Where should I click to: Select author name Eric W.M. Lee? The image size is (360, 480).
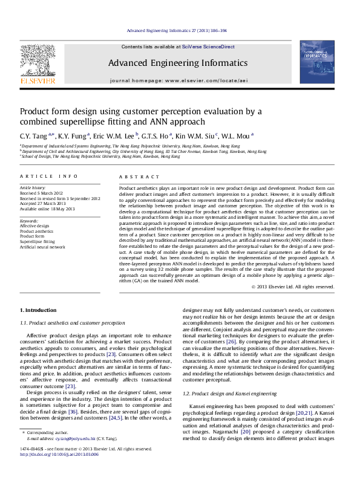(116, 136)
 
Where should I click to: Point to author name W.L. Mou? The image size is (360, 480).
(238, 136)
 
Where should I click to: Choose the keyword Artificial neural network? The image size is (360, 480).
(42, 247)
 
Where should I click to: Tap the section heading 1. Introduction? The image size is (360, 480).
(38, 310)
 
